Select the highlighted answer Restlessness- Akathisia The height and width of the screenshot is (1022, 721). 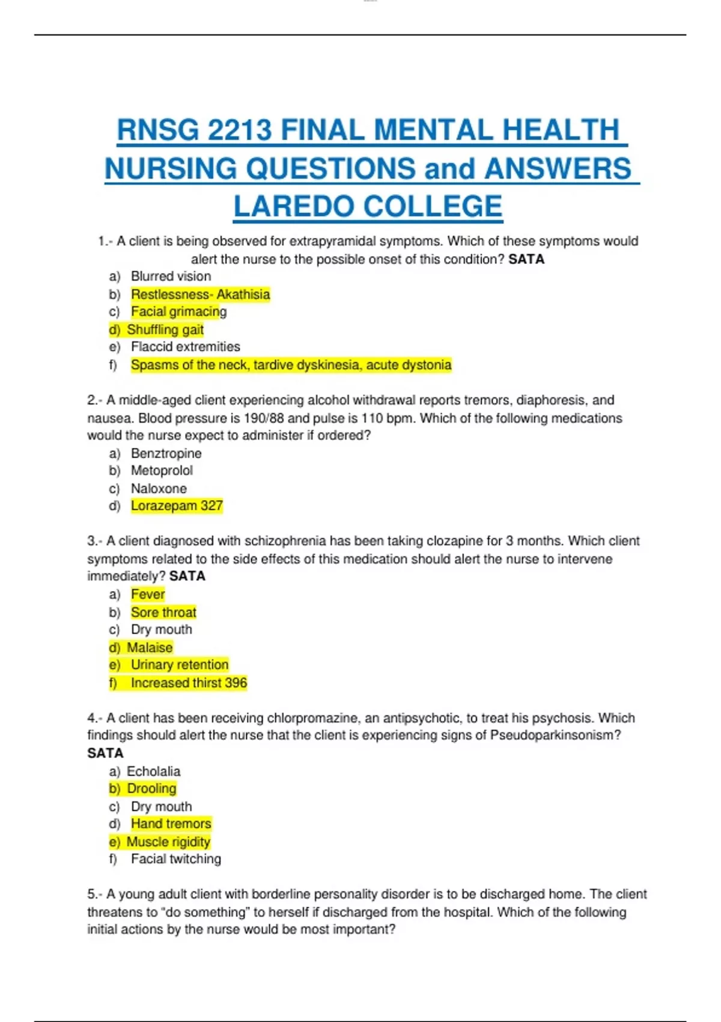click(x=200, y=295)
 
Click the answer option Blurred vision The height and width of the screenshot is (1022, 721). click(x=171, y=277)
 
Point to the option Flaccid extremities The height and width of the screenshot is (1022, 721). click(x=185, y=347)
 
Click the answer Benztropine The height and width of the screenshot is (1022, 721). click(x=166, y=453)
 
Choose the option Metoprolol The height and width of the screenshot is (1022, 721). click(x=162, y=471)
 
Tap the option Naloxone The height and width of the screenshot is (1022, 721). click(x=159, y=489)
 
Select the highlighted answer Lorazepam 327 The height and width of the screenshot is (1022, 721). click(x=177, y=506)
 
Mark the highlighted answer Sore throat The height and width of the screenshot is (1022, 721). click(x=163, y=613)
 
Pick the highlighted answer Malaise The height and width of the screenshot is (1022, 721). click(x=149, y=647)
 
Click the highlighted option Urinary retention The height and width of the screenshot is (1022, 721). click(x=180, y=665)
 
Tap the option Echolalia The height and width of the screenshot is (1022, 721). click(x=153, y=771)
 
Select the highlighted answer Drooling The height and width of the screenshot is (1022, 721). click(x=151, y=789)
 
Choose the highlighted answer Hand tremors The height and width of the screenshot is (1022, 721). click(x=171, y=824)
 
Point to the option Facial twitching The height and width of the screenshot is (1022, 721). click(x=175, y=859)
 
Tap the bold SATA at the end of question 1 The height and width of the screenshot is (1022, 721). click(x=526, y=260)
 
